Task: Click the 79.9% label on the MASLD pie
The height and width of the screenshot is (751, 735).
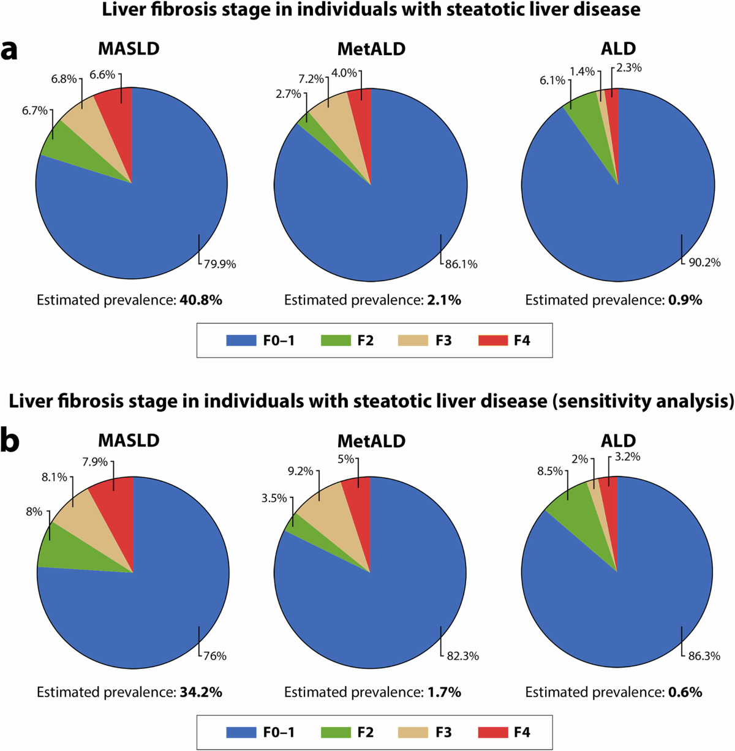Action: pyautogui.click(x=219, y=265)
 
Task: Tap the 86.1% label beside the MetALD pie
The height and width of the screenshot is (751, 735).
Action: pyautogui.click(x=461, y=265)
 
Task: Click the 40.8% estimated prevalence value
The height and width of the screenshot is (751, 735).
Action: pyautogui.click(x=200, y=300)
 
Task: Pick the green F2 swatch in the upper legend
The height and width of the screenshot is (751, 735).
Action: pyautogui.click(x=336, y=341)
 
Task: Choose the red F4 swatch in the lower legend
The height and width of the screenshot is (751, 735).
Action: pyautogui.click(x=493, y=732)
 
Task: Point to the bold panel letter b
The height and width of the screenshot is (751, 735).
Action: pyautogui.click(x=10, y=442)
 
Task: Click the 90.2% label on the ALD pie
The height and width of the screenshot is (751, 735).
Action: pyautogui.click(x=704, y=263)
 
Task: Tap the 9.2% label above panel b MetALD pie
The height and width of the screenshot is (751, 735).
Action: pyautogui.click(x=300, y=472)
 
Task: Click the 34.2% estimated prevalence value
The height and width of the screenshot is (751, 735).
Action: pyautogui.click(x=200, y=692)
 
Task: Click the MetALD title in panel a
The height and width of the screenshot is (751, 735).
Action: pyautogui.click(x=371, y=49)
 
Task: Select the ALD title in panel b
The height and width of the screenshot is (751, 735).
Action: pyautogui.click(x=618, y=440)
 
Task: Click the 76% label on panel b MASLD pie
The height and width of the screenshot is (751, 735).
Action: pyautogui.click(x=214, y=656)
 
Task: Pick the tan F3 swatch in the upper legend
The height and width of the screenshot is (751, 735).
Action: pyautogui.click(x=413, y=341)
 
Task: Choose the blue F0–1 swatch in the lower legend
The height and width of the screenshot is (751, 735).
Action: pyautogui.click(x=241, y=732)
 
